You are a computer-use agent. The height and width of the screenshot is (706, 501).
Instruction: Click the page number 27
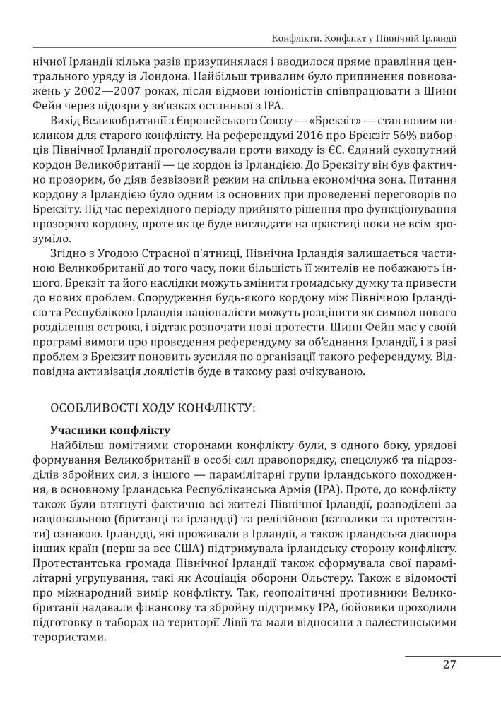coord(449,664)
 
